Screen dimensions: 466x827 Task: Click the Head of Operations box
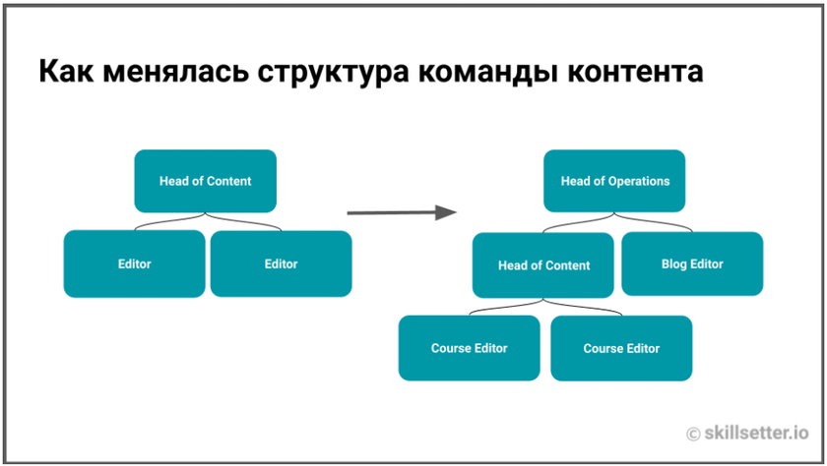click(x=614, y=181)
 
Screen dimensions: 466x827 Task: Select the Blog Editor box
click(x=691, y=263)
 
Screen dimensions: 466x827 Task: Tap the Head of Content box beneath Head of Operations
click(x=543, y=265)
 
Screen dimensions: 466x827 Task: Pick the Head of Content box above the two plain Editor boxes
click(x=205, y=181)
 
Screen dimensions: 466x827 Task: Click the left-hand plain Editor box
click(x=134, y=263)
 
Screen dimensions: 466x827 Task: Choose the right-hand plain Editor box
click(x=281, y=263)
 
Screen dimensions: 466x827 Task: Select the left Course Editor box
click(x=469, y=348)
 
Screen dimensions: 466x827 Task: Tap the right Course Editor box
click(x=620, y=348)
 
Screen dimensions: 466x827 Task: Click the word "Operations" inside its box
click(x=638, y=181)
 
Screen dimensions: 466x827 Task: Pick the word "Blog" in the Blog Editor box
click(x=674, y=263)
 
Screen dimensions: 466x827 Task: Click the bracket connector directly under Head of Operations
click(x=614, y=225)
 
